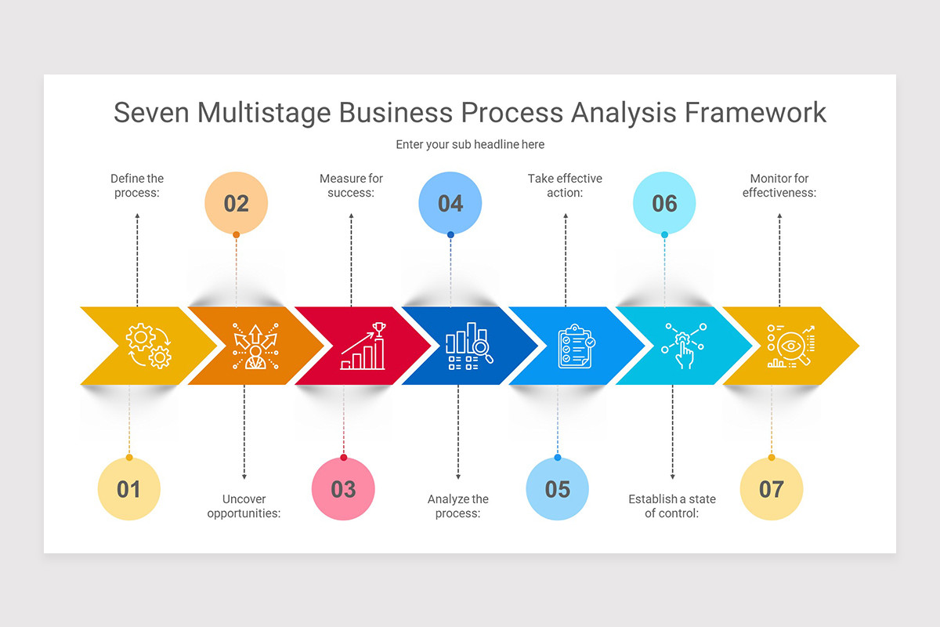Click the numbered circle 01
tap(129, 489)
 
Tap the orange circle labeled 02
tap(236, 204)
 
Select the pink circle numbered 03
tap(343, 489)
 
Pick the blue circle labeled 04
tap(450, 204)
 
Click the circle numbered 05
tap(557, 489)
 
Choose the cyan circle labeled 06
tap(664, 204)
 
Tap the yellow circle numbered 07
tap(772, 489)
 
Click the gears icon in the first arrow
tap(149, 346)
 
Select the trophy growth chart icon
tap(363, 346)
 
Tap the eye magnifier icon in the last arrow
tap(790, 346)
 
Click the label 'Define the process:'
tap(137, 186)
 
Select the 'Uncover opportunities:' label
tap(244, 506)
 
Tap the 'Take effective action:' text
tap(565, 186)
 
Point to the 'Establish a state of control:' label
tap(672, 506)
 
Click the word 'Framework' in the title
tap(755, 112)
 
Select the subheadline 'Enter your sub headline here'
tap(470, 144)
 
